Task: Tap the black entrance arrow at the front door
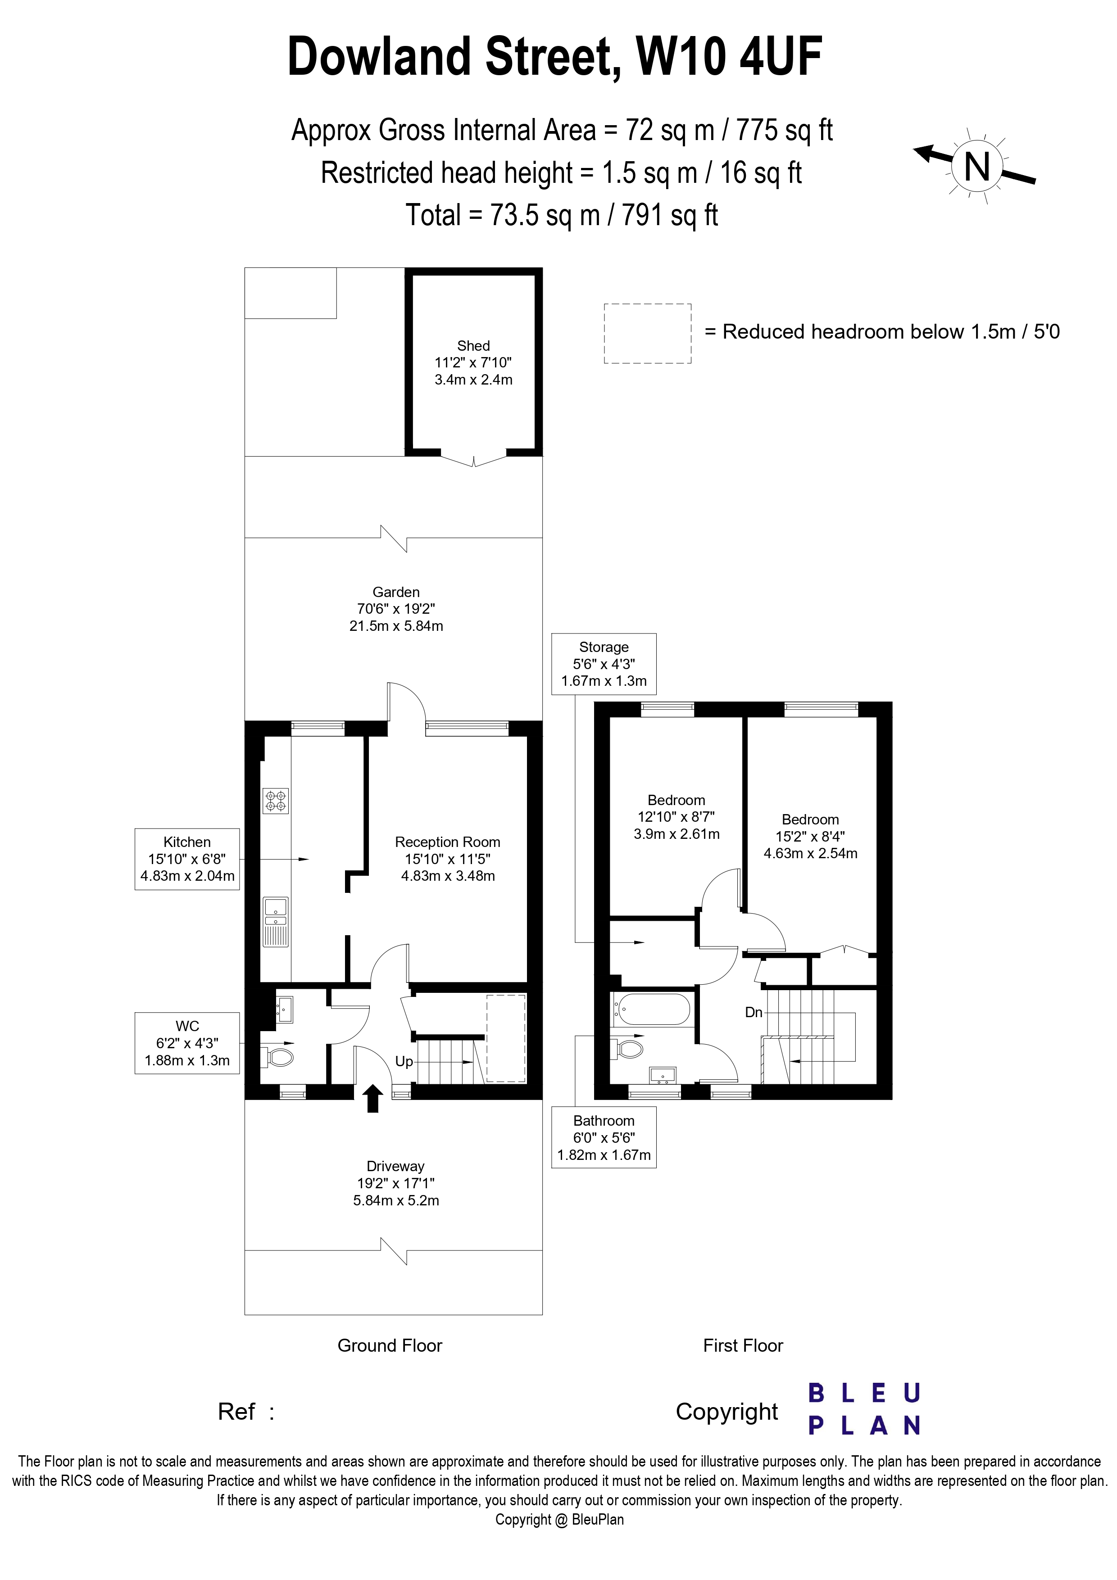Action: click(372, 1098)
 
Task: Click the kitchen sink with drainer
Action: click(275, 922)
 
